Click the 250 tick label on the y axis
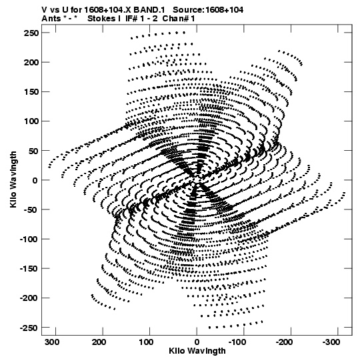point(31,33)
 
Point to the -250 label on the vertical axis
point(29,328)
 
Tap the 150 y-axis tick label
point(31,92)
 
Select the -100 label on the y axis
point(29,239)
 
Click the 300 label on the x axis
point(53,342)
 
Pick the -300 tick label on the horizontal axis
point(331,342)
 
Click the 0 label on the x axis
point(197,342)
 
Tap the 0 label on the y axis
point(35,180)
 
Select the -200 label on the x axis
point(284,342)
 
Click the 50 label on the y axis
point(34,151)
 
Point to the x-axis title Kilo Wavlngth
point(197,350)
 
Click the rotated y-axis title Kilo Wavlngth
point(13,179)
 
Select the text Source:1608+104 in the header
point(208,10)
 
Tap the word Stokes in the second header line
point(101,19)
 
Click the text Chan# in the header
point(175,19)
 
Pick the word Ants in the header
point(51,19)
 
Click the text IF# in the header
point(131,19)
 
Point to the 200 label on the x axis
point(99,342)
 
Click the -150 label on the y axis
point(29,268)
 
